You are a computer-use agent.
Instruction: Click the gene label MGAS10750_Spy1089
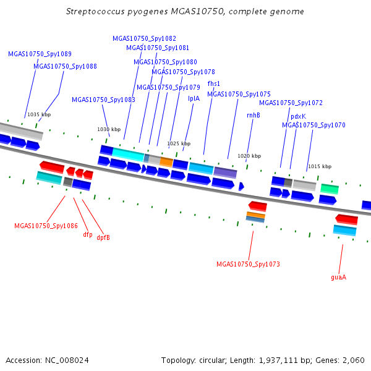click(40, 54)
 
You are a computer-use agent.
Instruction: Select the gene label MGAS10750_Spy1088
click(65, 67)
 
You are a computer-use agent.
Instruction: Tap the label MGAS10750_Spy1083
click(103, 100)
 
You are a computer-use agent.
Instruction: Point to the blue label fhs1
click(214, 83)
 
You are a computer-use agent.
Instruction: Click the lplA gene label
click(194, 99)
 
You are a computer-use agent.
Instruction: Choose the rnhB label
click(254, 115)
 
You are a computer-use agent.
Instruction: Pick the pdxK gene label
click(298, 116)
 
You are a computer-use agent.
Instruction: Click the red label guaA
click(339, 277)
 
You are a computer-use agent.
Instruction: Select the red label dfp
click(88, 234)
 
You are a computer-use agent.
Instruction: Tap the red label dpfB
click(103, 237)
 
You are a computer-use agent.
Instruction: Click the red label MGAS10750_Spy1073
click(248, 264)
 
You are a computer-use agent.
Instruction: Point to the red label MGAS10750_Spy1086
click(46, 226)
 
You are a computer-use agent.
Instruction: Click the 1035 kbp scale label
click(39, 114)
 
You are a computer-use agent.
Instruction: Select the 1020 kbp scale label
click(249, 156)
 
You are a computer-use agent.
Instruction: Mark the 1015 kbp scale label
click(320, 166)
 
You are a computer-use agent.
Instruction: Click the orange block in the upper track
click(166, 162)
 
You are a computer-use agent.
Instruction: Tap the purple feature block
click(225, 173)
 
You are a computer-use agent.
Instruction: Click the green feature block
click(330, 189)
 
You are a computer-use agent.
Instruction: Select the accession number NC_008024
click(67, 360)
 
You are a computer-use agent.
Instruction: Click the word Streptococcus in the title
click(95, 12)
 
